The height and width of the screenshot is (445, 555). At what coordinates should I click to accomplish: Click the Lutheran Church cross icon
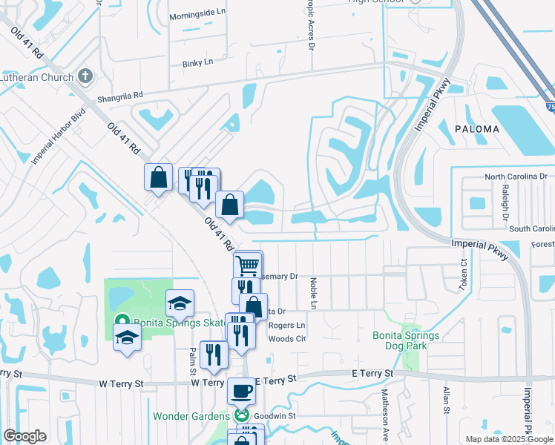click(85, 76)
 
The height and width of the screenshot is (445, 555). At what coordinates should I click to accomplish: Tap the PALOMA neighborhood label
click(479, 128)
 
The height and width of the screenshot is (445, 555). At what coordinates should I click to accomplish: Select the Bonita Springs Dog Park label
click(406, 340)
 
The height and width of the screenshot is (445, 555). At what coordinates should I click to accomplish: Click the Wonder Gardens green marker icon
click(240, 416)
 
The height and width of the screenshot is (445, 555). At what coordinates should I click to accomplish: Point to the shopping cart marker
click(247, 264)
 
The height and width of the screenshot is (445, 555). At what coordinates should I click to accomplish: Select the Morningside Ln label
click(197, 13)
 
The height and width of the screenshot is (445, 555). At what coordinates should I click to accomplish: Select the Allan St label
click(446, 399)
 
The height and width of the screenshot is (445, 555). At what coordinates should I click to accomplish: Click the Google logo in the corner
click(24, 436)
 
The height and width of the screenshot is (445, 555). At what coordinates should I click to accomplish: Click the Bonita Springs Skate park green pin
click(121, 323)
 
